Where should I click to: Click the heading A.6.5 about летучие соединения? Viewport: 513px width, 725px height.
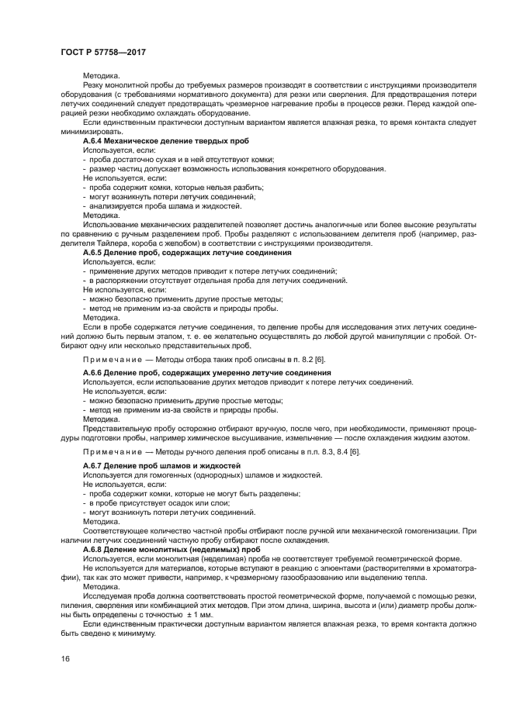(x=187, y=252)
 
